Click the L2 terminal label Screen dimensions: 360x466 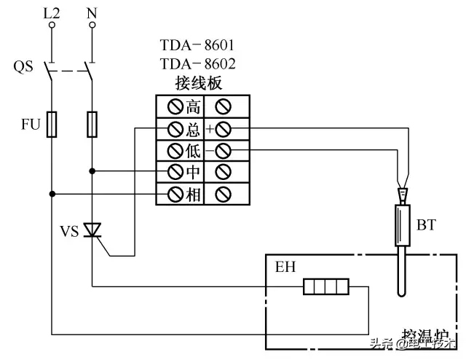(52, 12)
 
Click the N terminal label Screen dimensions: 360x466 (92, 12)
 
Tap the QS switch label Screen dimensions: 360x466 (24, 66)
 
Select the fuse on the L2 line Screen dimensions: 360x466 (52, 125)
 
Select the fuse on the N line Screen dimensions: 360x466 (92, 125)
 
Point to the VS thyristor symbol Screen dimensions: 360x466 (92, 230)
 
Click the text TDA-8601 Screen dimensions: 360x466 (197, 47)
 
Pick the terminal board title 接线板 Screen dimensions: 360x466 (197, 82)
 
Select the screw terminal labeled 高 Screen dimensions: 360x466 (175, 108)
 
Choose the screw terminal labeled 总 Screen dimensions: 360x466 (175, 130)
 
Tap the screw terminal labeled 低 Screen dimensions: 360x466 (175, 151)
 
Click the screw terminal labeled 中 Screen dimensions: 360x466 (175, 172)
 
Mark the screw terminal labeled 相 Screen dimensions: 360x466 (175, 194)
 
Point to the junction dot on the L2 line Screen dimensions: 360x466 (52, 194)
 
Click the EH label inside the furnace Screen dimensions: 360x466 (285, 268)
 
